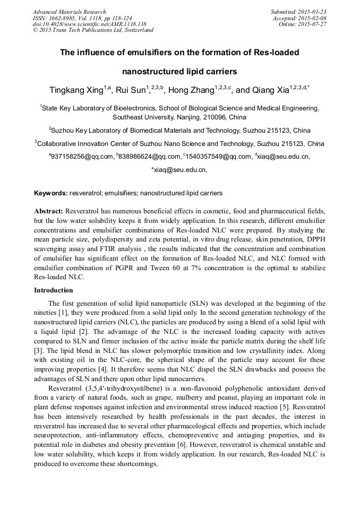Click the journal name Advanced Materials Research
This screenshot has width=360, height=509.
(70, 12)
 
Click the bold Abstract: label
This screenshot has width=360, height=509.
(49, 211)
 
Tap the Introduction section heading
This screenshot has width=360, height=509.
(54, 290)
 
